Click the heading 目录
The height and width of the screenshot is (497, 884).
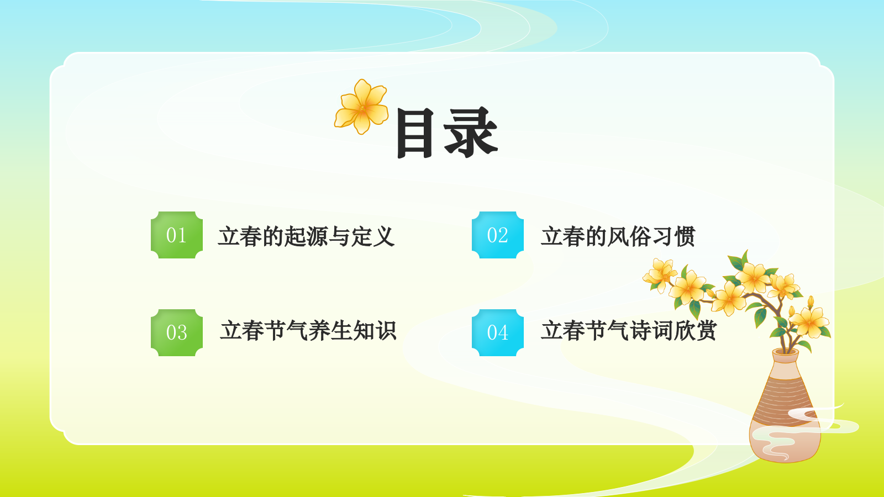[x=446, y=133]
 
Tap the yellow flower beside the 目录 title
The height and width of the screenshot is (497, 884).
[x=362, y=107]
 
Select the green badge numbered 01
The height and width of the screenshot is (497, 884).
[x=177, y=235]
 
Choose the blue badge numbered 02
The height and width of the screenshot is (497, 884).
[x=497, y=235]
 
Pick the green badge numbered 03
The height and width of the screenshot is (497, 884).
[x=177, y=332]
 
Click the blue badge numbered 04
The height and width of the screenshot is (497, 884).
[x=497, y=332]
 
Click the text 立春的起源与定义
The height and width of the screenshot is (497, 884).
[x=306, y=236]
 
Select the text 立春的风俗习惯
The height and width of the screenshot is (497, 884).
[x=618, y=236]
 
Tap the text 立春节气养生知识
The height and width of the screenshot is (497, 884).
[x=308, y=331]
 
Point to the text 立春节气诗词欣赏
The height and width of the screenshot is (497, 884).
[x=629, y=331]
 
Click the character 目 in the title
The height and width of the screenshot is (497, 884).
[x=415, y=133]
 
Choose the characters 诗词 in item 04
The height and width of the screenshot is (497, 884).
[x=651, y=331]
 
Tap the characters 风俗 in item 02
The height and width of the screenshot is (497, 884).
[x=629, y=236]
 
